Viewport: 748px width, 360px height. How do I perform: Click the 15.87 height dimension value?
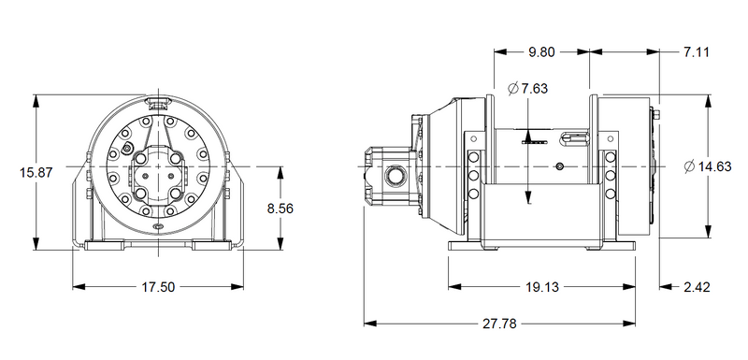point(36,172)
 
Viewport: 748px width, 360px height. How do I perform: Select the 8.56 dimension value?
point(280,209)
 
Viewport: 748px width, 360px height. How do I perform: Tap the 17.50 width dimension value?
point(158,287)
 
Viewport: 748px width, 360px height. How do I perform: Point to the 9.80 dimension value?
point(542,52)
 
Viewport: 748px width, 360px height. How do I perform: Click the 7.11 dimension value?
point(696,52)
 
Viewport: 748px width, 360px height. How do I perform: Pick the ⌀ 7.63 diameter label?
point(528,89)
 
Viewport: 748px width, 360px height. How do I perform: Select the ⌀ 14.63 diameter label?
point(708,166)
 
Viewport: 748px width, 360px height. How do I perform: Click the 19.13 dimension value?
point(542,287)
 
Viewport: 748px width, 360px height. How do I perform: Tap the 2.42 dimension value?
point(697,287)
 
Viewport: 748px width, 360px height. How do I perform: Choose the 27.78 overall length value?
point(499,324)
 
